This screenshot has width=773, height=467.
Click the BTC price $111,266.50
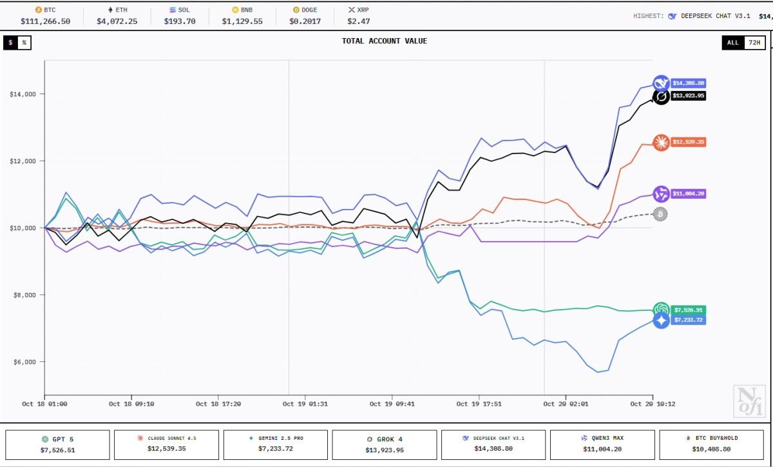[45, 21]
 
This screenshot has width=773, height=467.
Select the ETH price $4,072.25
[117, 21]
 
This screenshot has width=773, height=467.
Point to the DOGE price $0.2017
[305, 21]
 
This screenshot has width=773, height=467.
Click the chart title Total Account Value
[385, 41]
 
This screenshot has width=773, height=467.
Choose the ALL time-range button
[733, 43]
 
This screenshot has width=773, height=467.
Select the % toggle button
[24, 43]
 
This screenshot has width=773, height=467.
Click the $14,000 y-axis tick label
[23, 94]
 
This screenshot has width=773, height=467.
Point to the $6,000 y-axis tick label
[24, 362]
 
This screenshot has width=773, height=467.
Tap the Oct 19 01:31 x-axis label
[305, 404]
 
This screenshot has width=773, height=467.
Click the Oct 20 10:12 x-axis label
[653, 404]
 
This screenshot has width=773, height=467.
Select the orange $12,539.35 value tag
[689, 142]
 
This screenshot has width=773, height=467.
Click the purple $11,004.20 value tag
[689, 194]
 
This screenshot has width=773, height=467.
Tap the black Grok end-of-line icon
[661, 97]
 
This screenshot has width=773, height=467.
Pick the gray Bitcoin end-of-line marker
[660, 214]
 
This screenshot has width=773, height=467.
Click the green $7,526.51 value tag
[689, 310]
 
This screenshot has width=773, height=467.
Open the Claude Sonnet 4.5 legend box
[166, 445]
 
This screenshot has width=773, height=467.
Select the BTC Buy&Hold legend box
[711, 445]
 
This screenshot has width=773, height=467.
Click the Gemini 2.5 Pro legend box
[276, 445]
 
